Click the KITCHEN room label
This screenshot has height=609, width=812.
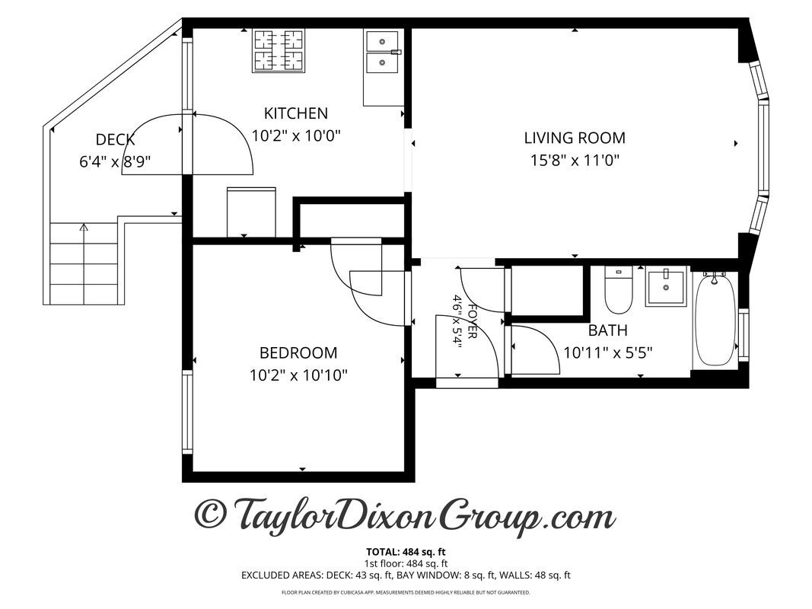pos(296,113)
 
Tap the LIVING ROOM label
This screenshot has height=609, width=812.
pos(575,138)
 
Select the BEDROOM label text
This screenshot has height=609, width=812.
pos(298,352)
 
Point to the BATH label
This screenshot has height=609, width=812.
pos(608,330)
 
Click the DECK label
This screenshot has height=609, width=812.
pos(115,139)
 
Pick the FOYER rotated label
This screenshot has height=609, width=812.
pos(472,321)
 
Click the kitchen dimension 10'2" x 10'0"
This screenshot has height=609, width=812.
pos(296,136)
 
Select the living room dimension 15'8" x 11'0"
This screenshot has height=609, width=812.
pos(575,160)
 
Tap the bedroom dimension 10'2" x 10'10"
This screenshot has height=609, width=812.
pos(298,375)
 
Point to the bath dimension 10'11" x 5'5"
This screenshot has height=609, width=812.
pos(608,352)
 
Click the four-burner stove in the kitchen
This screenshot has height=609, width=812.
pos(279,51)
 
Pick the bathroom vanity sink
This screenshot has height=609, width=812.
pos(666,287)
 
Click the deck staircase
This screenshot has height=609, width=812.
pos(84,263)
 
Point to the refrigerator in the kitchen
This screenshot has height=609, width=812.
pos(251,212)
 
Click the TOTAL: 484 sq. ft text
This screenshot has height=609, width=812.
pos(406,552)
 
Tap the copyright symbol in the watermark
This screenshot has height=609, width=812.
pos(211,514)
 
